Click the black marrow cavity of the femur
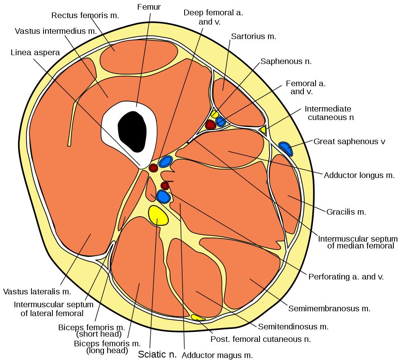(x=132, y=131)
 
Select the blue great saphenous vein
(x=286, y=148)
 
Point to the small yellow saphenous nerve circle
(x=215, y=114)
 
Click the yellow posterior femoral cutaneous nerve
(x=198, y=318)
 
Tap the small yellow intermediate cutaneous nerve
(x=263, y=130)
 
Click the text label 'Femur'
(x=149, y=7)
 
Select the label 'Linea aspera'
(x=35, y=52)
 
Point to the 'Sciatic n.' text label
(x=158, y=354)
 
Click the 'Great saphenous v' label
(x=349, y=141)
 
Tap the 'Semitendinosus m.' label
(x=293, y=327)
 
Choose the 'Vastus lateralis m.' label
(x=37, y=291)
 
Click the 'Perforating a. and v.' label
(x=346, y=277)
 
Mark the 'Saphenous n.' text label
(x=286, y=62)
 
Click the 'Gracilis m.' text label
(x=346, y=212)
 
